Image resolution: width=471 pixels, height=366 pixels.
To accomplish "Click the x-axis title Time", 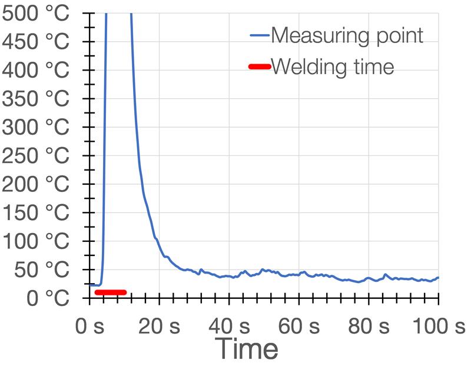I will point(247,349).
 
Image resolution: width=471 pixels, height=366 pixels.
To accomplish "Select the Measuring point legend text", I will point(347,35).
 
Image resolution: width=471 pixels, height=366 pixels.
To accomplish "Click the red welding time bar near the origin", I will point(111,292).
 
